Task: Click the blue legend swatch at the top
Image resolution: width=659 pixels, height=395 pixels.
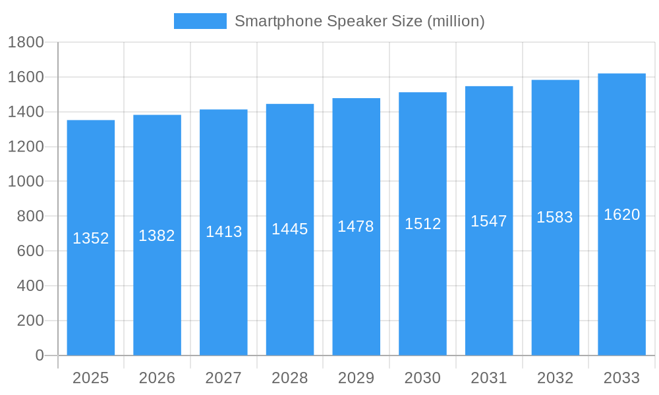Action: tap(200, 21)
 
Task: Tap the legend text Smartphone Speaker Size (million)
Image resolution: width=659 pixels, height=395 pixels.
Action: tap(359, 21)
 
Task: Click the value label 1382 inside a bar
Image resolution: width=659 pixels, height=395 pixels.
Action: tap(157, 236)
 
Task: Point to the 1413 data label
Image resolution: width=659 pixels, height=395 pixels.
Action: tap(223, 232)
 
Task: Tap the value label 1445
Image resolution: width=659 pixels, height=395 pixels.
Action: tap(290, 229)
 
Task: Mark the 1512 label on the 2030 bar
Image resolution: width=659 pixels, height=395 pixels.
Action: tap(422, 224)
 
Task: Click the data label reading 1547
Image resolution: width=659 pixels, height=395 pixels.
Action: tap(489, 221)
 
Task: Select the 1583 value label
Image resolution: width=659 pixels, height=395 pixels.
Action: tap(555, 217)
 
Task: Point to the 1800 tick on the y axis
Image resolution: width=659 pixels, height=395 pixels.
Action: tap(26, 43)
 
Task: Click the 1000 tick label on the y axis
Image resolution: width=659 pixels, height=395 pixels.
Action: tap(26, 182)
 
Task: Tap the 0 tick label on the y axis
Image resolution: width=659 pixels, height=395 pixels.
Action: tap(39, 355)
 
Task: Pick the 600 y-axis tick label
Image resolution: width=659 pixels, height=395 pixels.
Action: tap(30, 251)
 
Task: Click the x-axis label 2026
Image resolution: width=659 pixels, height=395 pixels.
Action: tap(157, 378)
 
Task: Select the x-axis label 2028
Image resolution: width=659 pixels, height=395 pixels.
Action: tap(290, 378)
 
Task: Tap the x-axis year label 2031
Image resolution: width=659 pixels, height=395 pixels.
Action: tap(489, 378)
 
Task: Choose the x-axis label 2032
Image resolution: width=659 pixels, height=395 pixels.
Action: tap(555, 378)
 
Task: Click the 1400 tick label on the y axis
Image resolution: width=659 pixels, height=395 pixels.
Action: tap(26, 112)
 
